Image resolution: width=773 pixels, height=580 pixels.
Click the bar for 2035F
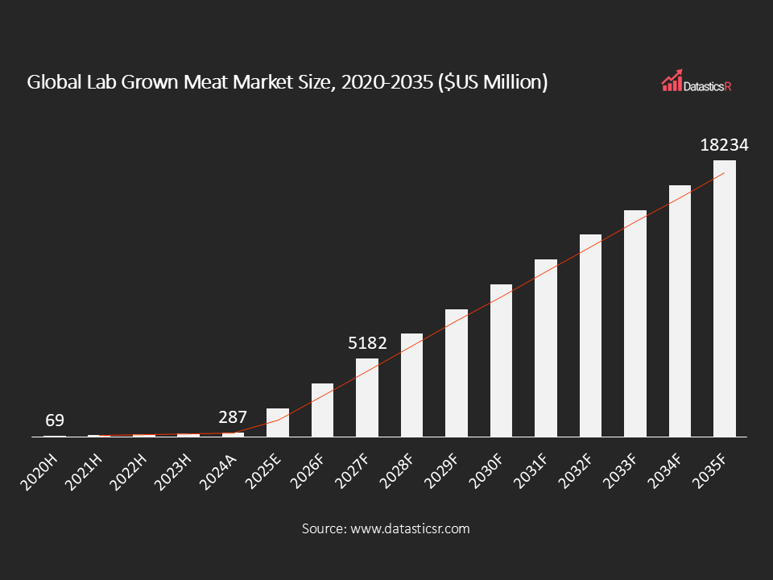pyautogui.click(x=725, y=298)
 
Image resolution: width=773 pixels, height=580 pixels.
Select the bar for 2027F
pyautogui.click(x=367, y=397)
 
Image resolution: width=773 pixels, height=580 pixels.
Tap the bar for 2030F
pyautogui.click(x=501, y=360)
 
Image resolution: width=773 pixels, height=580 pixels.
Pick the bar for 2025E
pyautogui.click(x=278, y=422)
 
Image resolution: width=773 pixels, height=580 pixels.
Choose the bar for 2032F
pyautogui.click(x=590, y=335)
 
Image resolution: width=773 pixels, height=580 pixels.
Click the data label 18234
pyautogui.click(x=725, y=146)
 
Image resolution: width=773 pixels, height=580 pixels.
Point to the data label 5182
pyautogui.click(x=367, y=343)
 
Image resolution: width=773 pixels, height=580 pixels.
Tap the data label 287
pyautogui.click(x=233, y=418)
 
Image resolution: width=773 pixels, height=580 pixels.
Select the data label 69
pyautogui.click(x=54, y=420)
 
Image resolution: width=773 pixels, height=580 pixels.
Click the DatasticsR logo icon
pyautogui.click(x=672, y=82)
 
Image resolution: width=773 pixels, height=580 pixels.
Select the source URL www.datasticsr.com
pyautogui.click(x=410, y=528)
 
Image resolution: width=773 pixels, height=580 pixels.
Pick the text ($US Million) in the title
pyautogui.click(x=492, y=82)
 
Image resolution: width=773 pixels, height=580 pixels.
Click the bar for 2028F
pyautogui.click(x=411, y=385)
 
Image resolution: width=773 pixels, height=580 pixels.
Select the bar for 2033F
pyautogui.click(x=635, y=323)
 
